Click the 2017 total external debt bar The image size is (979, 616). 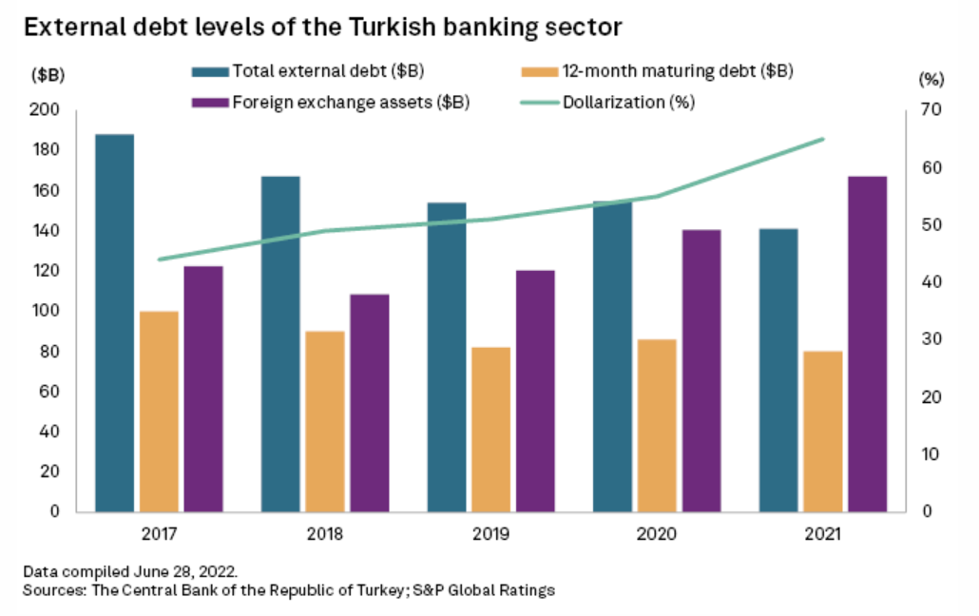[x=114, y=323]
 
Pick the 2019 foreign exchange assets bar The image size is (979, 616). [x=535, y=391]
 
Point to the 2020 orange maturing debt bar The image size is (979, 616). [x=657, y=425]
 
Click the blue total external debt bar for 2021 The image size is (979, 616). [x=778, y=370]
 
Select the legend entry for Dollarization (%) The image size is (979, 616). [x=628, y=102]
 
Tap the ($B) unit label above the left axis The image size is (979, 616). [x=47, y=75]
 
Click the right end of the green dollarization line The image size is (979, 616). [x=823, y=139]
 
